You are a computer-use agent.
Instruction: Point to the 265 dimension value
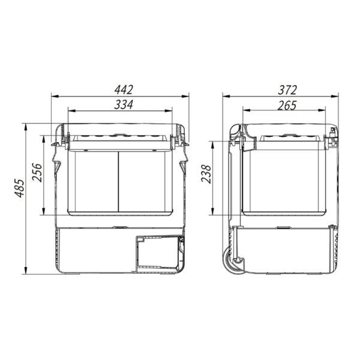coord(287,104)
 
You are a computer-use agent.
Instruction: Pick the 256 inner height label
coord(37,174)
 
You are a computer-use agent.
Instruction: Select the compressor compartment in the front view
coord(158,252)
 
